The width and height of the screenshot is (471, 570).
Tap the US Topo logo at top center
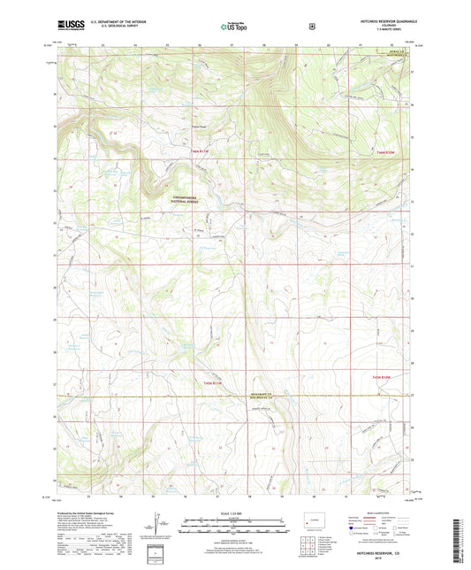coord(233,27)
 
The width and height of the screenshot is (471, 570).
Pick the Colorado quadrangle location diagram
coord(313,520)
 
